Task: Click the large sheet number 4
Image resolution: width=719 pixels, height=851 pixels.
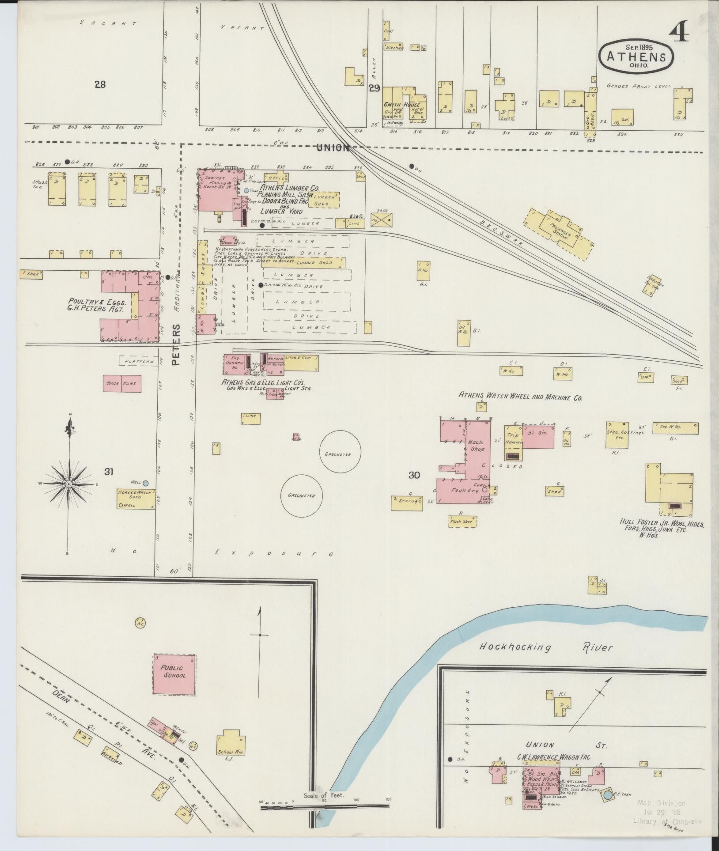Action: coord(679,31)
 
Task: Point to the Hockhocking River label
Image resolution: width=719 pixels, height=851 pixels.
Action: coord(546,648)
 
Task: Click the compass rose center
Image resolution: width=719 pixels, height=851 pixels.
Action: coord(69,484)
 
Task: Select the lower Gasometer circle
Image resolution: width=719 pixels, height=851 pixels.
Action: coord(303,495)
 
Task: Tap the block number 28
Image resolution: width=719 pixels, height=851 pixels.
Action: coord(100,84)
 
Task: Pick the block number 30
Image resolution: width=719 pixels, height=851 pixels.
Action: coord(414,475)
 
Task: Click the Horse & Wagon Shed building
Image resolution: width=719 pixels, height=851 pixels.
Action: coord(136,499)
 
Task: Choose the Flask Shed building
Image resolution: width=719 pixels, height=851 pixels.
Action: coord(462,521)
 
